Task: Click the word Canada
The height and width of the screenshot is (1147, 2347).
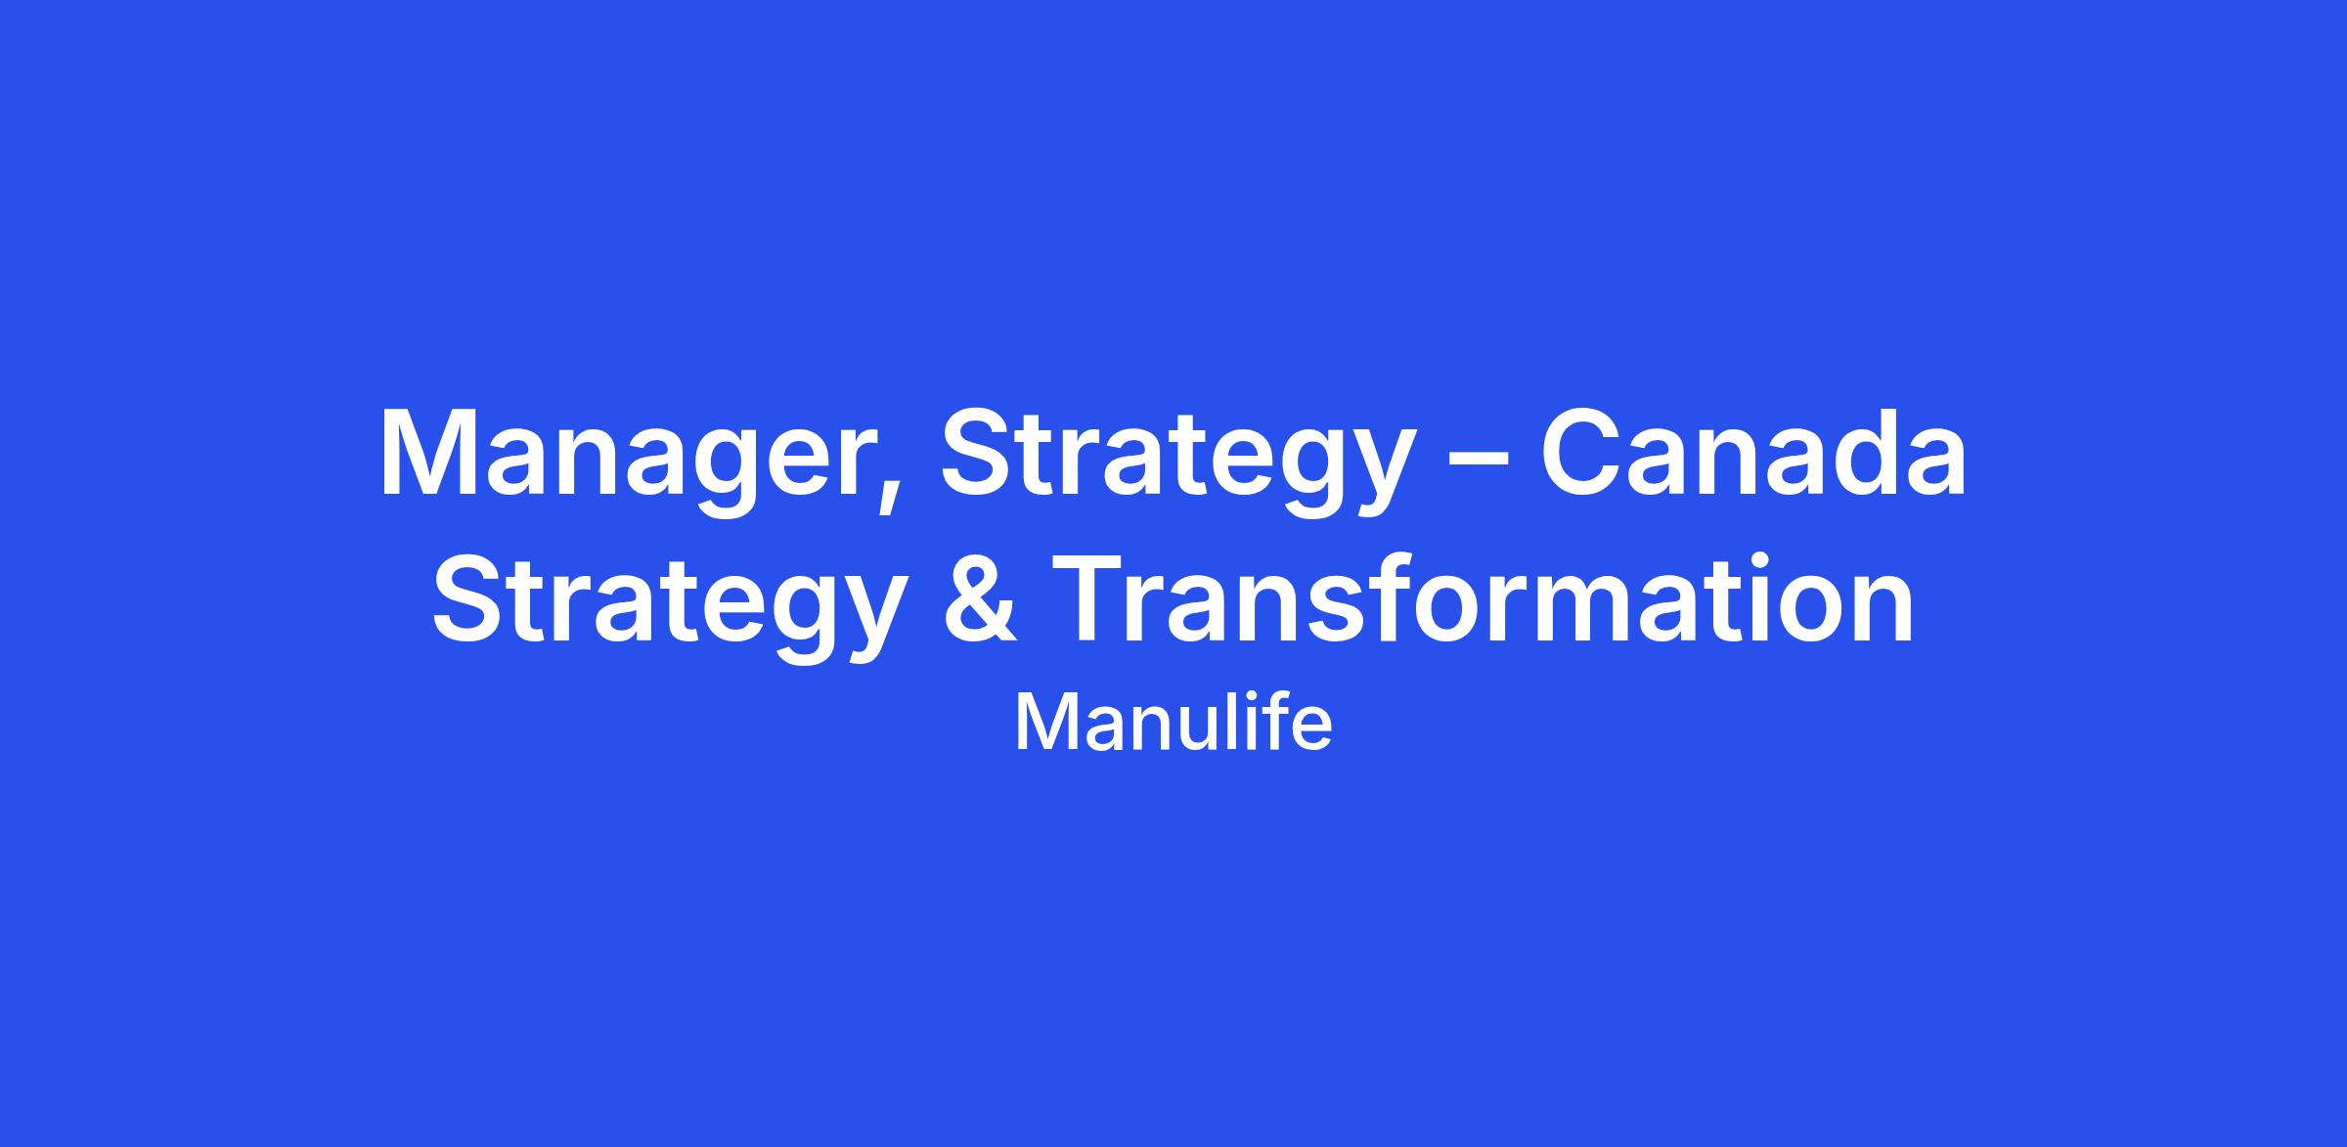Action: click(x=1754, y=452)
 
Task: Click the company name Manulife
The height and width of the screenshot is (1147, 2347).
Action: click(x=1173, y=723)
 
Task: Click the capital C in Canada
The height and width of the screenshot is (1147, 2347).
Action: click(x=1583, y=452)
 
